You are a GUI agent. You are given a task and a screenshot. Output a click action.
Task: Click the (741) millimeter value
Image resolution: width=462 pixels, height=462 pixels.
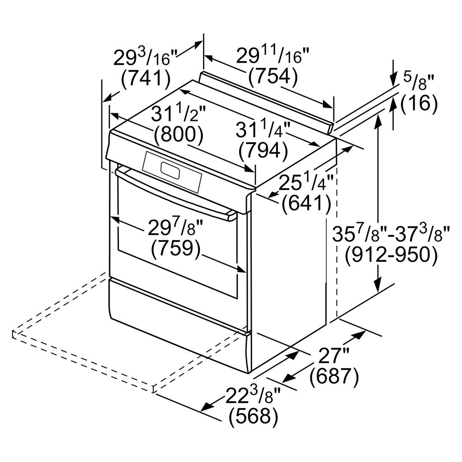146,79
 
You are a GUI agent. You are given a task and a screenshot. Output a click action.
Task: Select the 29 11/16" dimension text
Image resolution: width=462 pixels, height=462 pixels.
273,57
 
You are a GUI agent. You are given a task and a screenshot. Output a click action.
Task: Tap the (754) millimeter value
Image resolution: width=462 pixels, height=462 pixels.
273,77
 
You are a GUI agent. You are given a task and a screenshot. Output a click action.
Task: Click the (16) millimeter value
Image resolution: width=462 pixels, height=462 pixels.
419,104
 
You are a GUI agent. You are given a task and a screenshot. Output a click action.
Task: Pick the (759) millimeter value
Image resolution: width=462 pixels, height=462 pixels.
176,248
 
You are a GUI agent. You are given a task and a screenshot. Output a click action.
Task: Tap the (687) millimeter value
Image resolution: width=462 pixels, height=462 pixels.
334,377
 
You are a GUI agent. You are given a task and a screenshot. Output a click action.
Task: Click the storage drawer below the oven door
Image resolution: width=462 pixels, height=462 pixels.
176,325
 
